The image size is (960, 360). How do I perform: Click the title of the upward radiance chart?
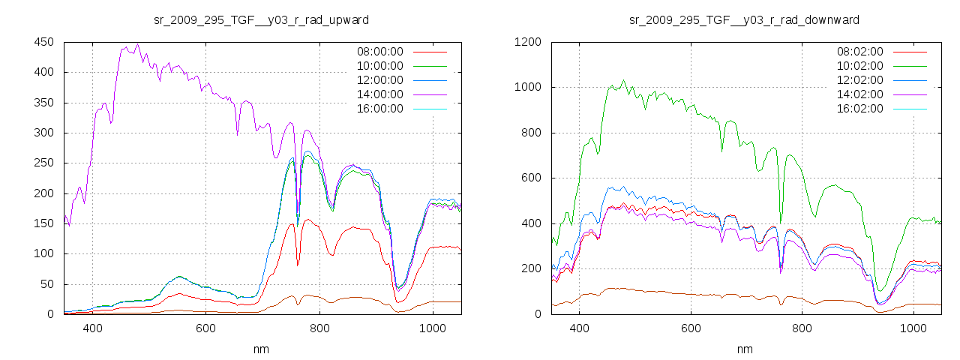tap(262, 19)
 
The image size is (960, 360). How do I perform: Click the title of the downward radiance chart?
tap(744, 19)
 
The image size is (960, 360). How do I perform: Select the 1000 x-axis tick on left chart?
tap(432, 328)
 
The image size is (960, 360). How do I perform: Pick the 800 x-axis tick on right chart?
tap(802, 328)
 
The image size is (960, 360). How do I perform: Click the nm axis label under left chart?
tap(262, 349)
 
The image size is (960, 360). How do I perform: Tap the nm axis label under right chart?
tap(744, 349)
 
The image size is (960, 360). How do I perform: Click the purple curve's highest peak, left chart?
tap(137, 44)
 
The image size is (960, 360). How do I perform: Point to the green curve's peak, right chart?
tap(623, 80)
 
